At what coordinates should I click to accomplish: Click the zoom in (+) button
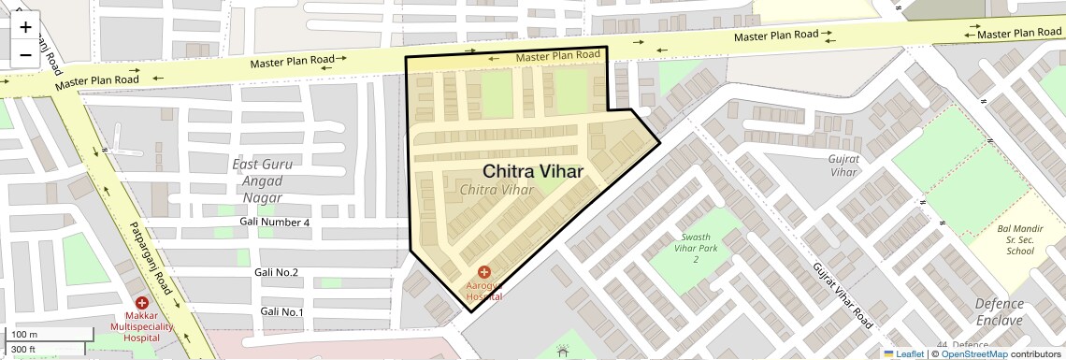point(25,27)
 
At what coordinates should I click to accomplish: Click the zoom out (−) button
point(25,55)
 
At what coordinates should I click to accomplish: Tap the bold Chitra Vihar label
point(533,172)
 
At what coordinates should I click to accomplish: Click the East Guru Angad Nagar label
point(262,180)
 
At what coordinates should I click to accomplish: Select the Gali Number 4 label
point(274,223)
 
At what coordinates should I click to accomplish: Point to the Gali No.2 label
point(276,272)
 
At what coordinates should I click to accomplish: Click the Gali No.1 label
point(281,311)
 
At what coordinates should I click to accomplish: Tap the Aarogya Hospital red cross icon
point(483,271)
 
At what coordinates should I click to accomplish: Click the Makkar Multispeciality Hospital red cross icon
point(141,303)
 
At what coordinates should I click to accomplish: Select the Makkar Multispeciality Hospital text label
point(141,327)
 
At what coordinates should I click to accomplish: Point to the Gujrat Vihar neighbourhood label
point(843,165)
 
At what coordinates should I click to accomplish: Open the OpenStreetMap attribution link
point(973,354)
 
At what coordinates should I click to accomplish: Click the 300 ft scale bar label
point(22,349)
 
